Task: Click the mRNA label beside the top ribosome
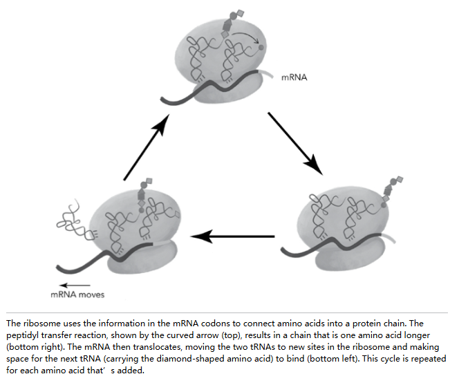click(x=294, y=77)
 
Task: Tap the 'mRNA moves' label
click(x=77, y=295)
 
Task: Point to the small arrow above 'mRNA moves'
click(x=75, y=286)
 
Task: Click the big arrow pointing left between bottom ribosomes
click(x=233, y=236)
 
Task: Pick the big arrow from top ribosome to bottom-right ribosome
click(x=295, y=144)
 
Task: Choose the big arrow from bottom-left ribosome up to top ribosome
click(x=147, y=147)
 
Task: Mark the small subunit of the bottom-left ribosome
click(x=142, y=258)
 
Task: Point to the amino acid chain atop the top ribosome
click(x=232, y=24)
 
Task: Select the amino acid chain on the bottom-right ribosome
click(x=392, y=189)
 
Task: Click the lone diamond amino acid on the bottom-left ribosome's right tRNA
click(x=177, y=214)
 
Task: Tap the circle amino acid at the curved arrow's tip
click(x=261, y=47)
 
